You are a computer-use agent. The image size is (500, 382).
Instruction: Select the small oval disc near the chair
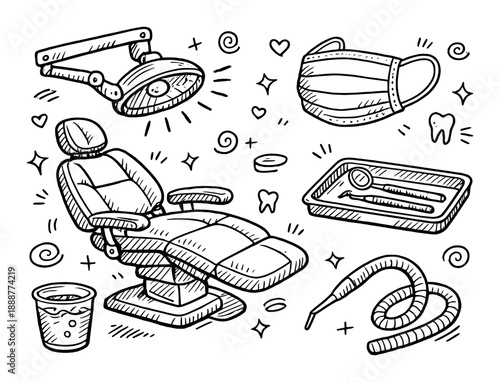pyautogui.click(x=267, y=159)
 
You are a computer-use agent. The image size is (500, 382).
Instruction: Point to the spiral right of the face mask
pyautogui.click(x=457, y=49)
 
